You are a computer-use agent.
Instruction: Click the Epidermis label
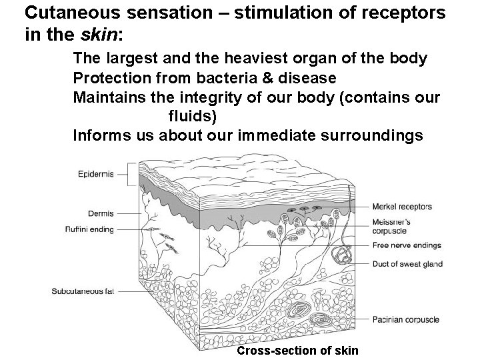click(95, 174)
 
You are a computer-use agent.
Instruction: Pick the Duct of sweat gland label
click(407, 264)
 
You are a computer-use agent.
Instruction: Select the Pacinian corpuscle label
click(405, 319)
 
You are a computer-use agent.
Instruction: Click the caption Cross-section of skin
click(297, 351)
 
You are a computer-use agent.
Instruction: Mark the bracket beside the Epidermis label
click(136, 174)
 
